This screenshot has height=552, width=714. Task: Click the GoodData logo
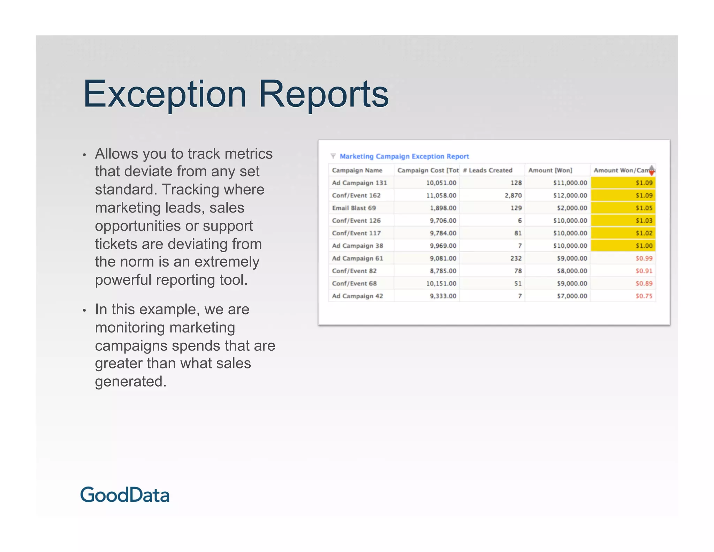(125, 495)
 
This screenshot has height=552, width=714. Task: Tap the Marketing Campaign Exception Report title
(404, 156)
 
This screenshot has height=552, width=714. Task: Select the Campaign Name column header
(357, 170)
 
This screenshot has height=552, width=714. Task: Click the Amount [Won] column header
(550, 170)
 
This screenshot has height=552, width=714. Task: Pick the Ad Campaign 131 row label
(359, 183)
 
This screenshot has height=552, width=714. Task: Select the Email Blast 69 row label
(354, 208)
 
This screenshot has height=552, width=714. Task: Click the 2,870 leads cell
(513, 195)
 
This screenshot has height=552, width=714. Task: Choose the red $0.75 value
(644, 296)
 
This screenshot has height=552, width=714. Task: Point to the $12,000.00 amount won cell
(570, 195)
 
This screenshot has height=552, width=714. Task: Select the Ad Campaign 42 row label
(357, 296)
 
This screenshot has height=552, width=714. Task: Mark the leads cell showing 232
(516, 258)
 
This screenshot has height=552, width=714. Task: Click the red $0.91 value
(644, 271)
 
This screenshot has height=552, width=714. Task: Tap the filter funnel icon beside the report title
(333, 156)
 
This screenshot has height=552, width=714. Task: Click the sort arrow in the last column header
(652, 170)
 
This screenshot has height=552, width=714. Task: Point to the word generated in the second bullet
(130, 381)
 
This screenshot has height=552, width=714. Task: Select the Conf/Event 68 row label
(354, 283)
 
